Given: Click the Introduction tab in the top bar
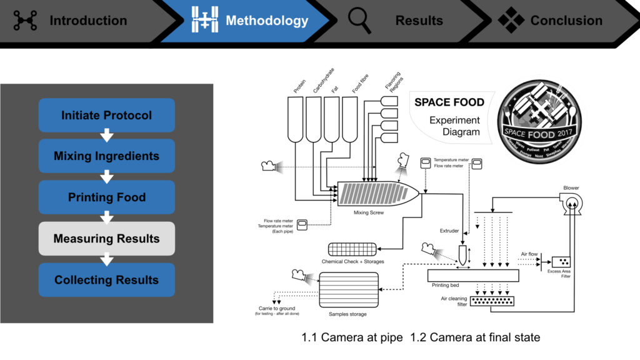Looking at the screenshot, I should coord(87,21).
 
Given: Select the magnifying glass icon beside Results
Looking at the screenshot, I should coord(359,21).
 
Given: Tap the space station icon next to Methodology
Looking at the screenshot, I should coord(204,21).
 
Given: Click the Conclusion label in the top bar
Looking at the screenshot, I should coord(566,21).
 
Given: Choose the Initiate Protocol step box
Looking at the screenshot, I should coord(106,116).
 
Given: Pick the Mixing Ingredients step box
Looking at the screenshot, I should coord(106,156).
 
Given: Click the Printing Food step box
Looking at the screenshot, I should coord(106,197).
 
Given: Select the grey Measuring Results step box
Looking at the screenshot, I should coord(106,239).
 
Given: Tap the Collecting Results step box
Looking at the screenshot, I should coord(106,280).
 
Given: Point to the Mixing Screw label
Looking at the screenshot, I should coord(368,213).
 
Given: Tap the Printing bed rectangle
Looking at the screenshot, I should coord(473,275).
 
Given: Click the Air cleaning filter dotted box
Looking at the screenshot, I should coord(497,302).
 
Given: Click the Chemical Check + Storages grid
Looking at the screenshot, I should coord(352,248).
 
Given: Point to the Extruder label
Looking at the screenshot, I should coord(449,231).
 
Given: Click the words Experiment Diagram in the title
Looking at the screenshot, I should coord(454,126).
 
